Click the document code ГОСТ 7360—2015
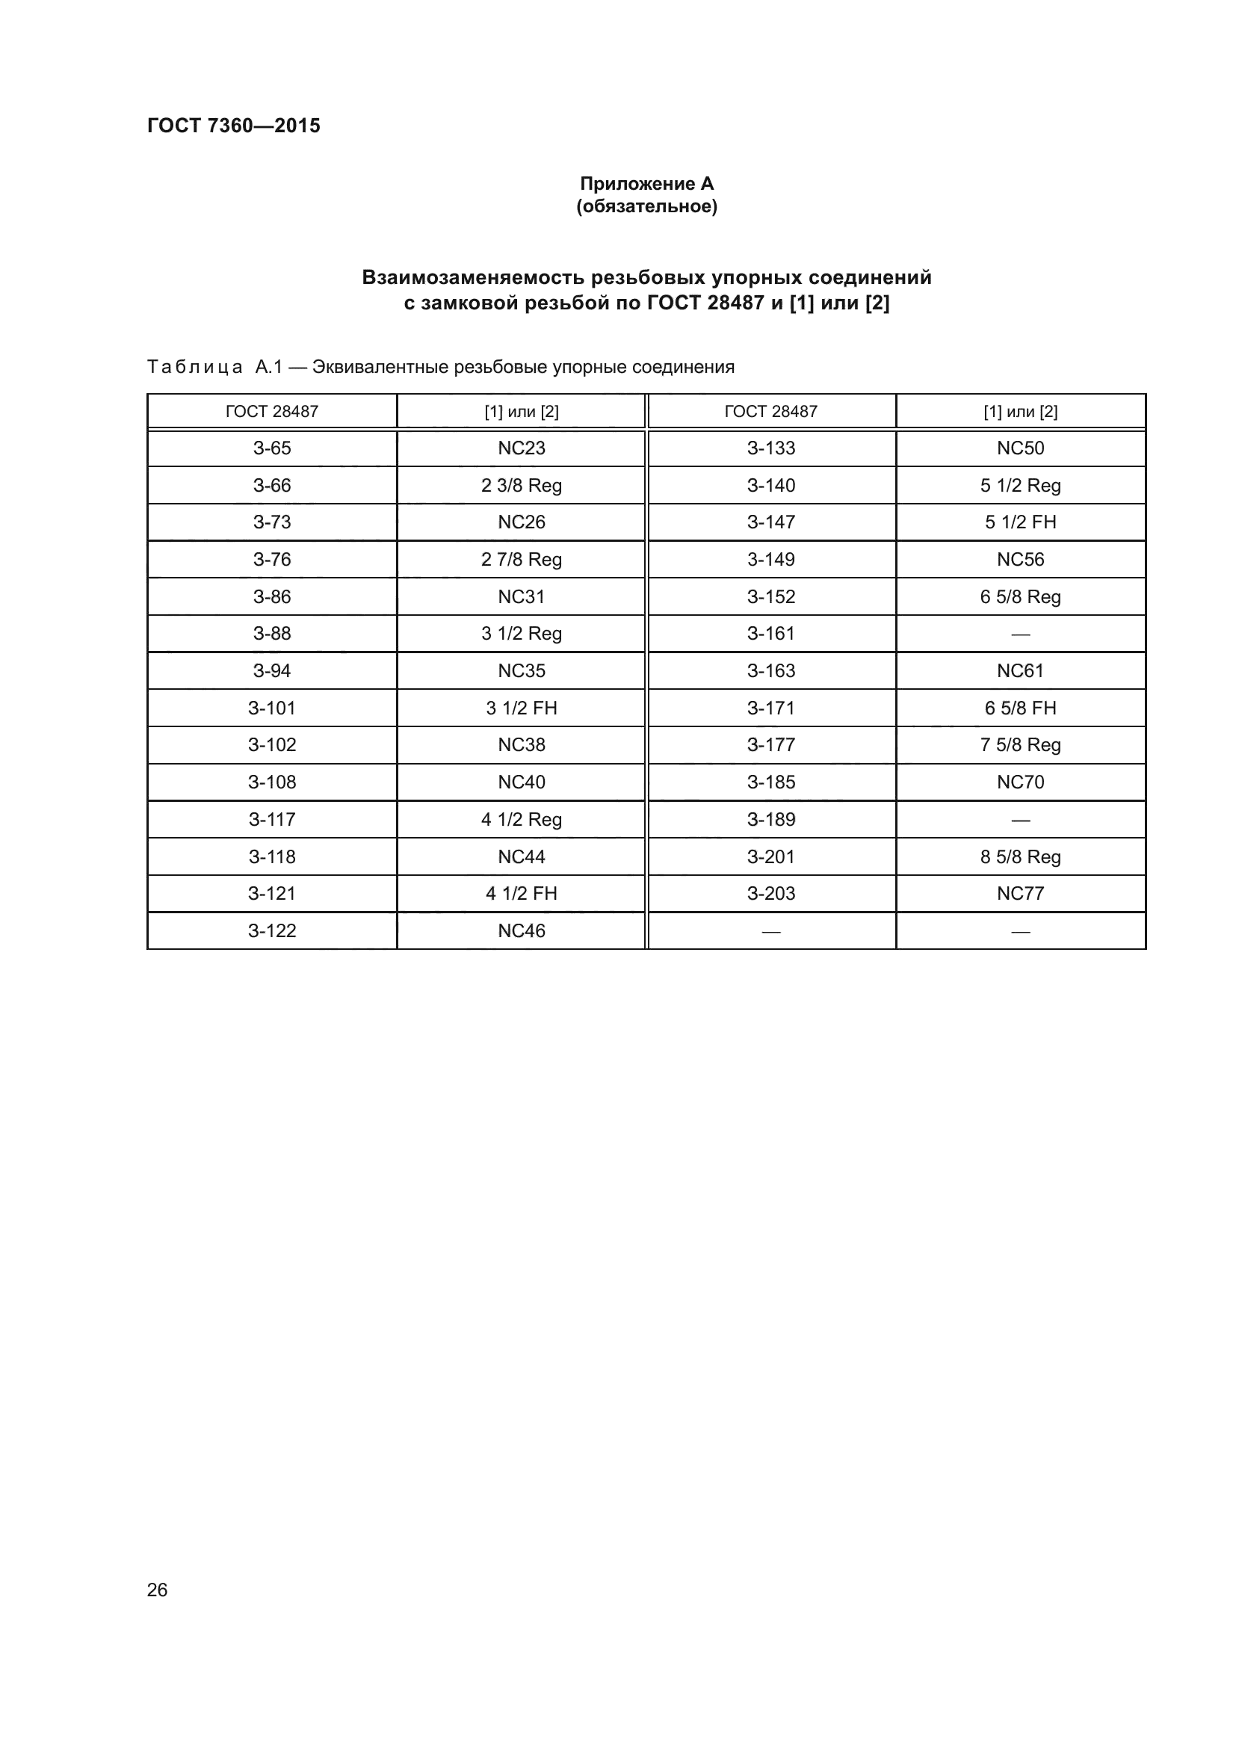(x=234, y=126)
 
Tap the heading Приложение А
(x=646, y=184)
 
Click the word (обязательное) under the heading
(x=646, y=206)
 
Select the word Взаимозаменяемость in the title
(x=472, y=277)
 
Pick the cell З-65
(x=272, y=448)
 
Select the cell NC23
(x=522, y=448)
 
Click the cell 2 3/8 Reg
(x=522, y=485)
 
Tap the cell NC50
(x=1020, y=448)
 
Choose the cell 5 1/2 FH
(x=1020, y=522)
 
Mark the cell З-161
(x=770, y=634)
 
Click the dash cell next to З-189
(x=1020, y=820)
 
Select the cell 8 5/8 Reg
(x=1020, y=856)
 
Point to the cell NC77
(x=1020, y=893)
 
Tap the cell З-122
(x=272, y=930)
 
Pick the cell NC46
(x=522, y=930)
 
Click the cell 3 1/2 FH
(x=522, y=708)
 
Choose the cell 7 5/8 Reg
(x=1020, y=744)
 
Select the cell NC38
(x=522, y=744)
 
